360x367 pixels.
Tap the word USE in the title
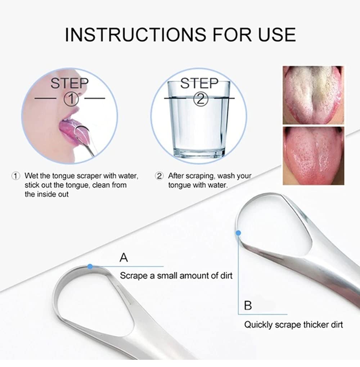[277, 35]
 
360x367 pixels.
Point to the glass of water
[199, 119]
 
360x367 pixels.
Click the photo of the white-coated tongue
[313, 95]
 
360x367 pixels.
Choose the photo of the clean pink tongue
[313, 156]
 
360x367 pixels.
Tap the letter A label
[124, 258]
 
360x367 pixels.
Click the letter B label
[248, 305]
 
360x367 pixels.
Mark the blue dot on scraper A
[90, 266]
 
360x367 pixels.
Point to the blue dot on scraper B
[238, 233]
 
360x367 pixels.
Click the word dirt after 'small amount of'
[226, 276]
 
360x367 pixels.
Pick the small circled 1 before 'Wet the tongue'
[16, 176]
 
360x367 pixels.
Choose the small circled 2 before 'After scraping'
[159, 176]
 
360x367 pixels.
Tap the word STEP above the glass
[199, 83]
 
